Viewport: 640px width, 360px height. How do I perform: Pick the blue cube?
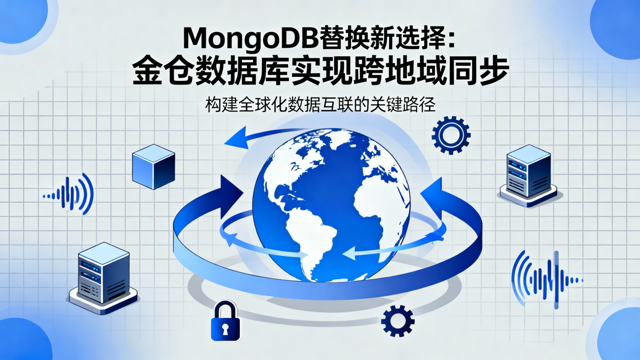point(153,167)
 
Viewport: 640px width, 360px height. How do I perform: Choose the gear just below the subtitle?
point(451,135)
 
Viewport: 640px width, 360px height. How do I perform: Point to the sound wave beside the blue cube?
point(71,195)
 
